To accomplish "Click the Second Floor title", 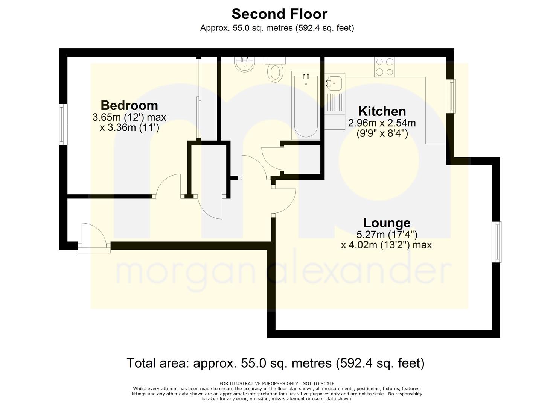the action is (279, 14).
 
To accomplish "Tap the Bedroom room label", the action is (129, 105).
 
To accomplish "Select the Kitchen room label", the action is (382, 111).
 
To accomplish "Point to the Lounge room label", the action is (387, 223).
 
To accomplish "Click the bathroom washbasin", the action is (245, 64).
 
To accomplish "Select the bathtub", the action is (306, 105).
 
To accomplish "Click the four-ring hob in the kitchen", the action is (384, 67).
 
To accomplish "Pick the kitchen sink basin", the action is (334, 83).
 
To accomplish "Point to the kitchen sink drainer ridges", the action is (335, 102).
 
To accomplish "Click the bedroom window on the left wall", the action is (62, 124).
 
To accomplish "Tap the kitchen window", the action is (451, 96).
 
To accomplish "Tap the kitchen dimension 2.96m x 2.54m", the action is (382, 123).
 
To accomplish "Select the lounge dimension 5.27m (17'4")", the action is (387, 235).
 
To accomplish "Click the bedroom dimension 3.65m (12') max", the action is (129, 117).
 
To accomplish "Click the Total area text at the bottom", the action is (276, 363).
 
